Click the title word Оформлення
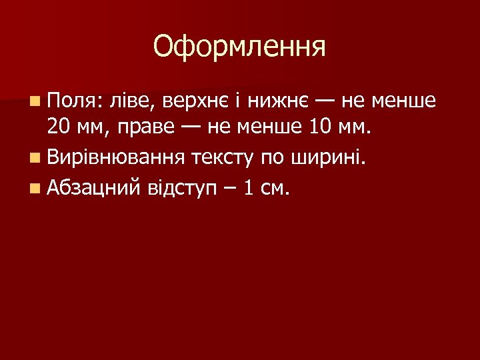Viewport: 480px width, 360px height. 239,47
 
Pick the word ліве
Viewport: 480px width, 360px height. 135,102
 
